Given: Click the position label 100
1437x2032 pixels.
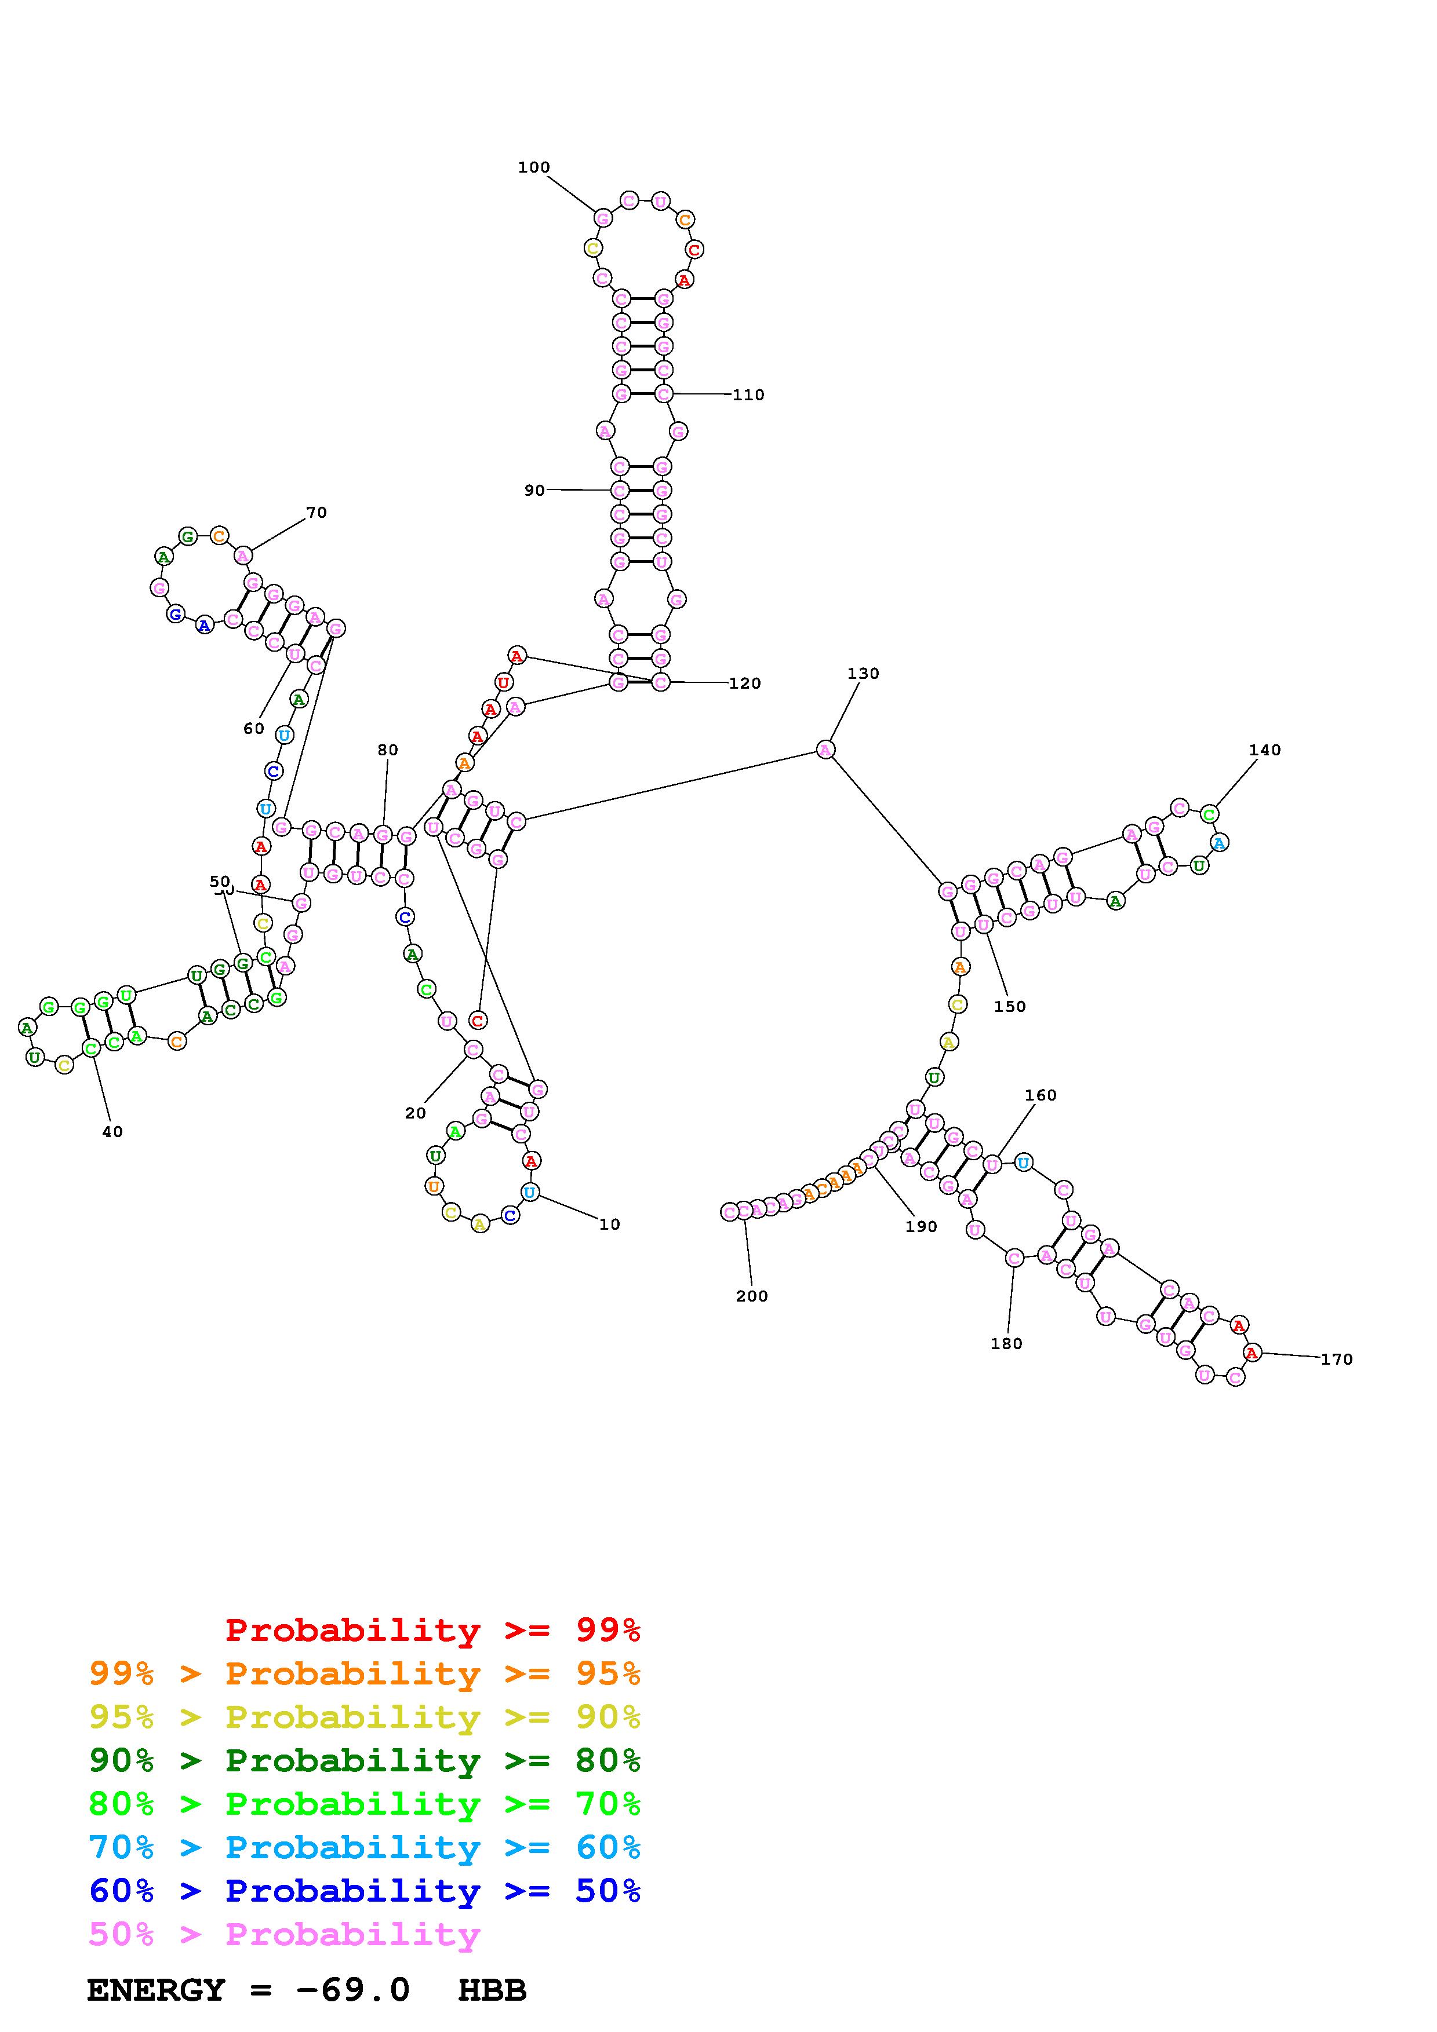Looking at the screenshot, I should click(534, 167).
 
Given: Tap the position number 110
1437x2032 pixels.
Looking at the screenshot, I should click(748, 394).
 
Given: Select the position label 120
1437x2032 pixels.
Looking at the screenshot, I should click(745, 684).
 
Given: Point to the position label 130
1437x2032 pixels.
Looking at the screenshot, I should click(863, 674).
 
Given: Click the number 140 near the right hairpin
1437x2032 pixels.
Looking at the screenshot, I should click(1264, 750).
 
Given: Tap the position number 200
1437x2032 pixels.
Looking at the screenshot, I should click(752, 1296).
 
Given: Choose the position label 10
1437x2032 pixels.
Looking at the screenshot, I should click(609, 1224).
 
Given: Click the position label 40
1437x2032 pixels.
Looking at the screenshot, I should click(112, 1131).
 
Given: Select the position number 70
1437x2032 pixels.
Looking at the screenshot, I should click(316, 513).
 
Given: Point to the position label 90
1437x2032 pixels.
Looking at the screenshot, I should click(534, 490).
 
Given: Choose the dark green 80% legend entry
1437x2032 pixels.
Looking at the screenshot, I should click(365, 1760).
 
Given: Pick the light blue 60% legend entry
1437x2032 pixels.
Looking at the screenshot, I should click(365, 1847).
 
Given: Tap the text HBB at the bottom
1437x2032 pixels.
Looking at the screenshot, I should click(492, 1990).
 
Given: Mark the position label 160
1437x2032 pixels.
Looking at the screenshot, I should click(1041, 1095).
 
